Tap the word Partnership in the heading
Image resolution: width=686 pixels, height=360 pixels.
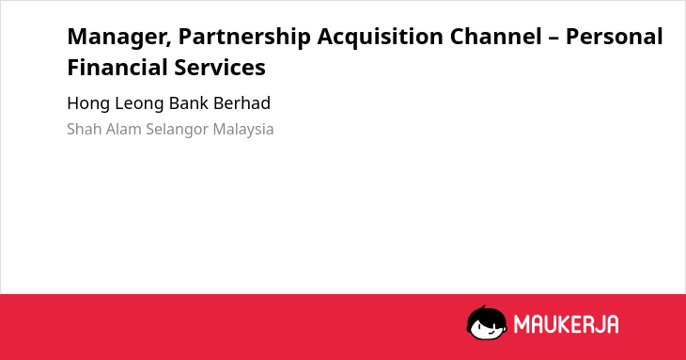point(244,38)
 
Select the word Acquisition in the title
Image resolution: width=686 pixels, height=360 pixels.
point(381,38)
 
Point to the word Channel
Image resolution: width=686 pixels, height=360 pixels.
point(495,37)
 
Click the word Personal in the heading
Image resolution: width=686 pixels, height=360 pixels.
point(615,37)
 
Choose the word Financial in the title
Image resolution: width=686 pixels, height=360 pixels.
point(117,68)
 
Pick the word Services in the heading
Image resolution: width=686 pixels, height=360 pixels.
point(220,68)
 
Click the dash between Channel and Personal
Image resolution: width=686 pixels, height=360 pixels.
point(553,39)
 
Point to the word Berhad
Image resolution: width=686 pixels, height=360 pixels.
point(242,102)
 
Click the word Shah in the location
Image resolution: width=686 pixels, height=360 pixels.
point(85,129)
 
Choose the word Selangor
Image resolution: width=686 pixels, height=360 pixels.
point(178,130)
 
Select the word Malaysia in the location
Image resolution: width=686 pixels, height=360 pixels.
point(243,130)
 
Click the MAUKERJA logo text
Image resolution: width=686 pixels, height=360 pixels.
point(566,324)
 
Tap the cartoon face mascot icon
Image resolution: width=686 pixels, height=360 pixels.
point(487,322)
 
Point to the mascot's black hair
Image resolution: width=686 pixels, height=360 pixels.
point(486,315)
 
